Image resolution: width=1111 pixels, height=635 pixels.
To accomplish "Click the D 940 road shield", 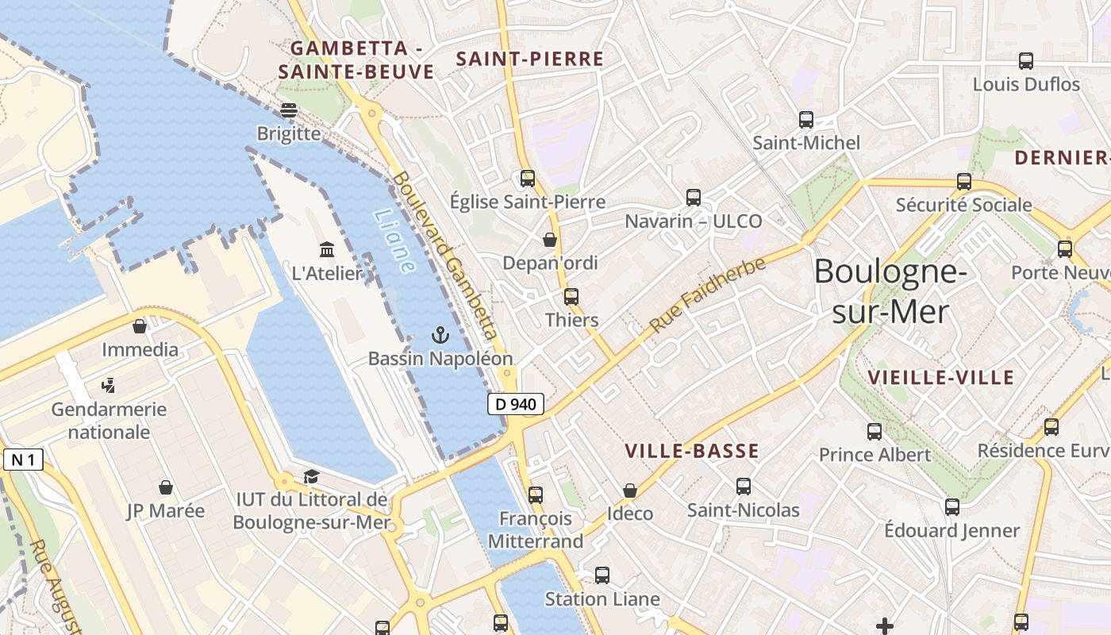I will click(x=516, y=404).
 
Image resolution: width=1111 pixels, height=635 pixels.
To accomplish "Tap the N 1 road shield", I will click(x=22, y=460).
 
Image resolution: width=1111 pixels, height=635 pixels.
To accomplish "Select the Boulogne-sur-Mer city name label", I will click(x=890, y=291).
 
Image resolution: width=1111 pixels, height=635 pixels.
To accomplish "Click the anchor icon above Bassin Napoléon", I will click(x=440, y=335).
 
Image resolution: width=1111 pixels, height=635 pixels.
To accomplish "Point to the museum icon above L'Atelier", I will click(x=327, y=250).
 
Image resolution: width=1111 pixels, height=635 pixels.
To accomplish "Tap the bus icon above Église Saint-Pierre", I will click(x=528, y=179).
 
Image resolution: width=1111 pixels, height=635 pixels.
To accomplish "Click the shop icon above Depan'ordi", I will click(x=550, y=239).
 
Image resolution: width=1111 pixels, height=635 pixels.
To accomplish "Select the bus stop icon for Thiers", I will click(x=571, y=297).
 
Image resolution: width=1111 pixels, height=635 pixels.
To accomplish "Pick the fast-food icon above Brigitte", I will click(x=288, y=110).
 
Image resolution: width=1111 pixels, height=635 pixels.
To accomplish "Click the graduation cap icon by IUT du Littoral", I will click(x=311, y=476).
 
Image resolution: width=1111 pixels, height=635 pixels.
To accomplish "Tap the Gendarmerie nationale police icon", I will click(x=109, y=386).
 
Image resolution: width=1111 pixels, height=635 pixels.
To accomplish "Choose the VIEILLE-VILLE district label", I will click(x=941, y=377).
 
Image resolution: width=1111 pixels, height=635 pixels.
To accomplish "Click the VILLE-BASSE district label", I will click(x=691, y=452).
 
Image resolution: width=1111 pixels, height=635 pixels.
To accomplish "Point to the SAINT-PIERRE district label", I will click(x=530, y=59).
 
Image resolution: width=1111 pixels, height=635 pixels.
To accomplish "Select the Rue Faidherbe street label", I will click(x=707, y=294).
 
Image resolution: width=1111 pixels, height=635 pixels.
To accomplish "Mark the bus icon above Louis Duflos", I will click(x=1026, y=61).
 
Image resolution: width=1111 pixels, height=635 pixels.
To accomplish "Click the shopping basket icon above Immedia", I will click(x=140, y=326).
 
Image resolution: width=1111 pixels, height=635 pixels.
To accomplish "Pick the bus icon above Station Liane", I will click(x=602, y=575).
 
